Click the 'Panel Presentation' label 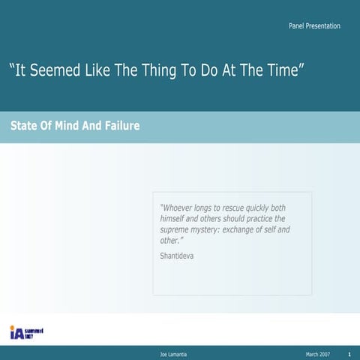tap(314, 26)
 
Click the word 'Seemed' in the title tap(58, 71)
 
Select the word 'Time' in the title tap(281, 71)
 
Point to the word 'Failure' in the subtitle tap(121, 126)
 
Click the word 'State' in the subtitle tap(25, 126)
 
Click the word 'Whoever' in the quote tap(178, 208)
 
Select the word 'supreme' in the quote tap(178, 229)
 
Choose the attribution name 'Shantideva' tap(178, 256)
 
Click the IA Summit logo tap(26, 332)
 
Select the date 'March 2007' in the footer tap(317, 353)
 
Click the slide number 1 tap(350, 353)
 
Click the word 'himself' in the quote tap(175, 218)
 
